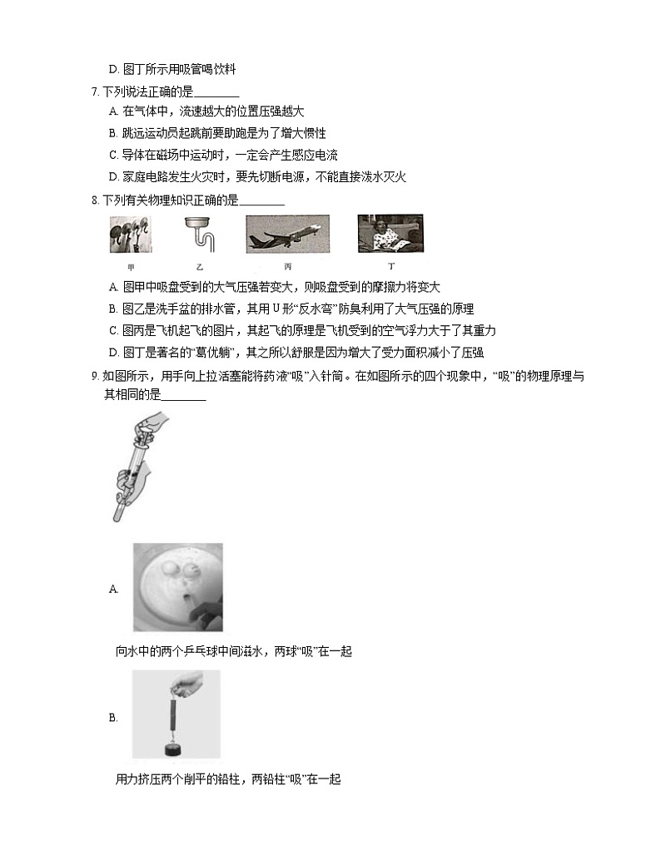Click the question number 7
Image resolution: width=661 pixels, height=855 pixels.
point(95,91)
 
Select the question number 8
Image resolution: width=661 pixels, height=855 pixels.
point(95,200)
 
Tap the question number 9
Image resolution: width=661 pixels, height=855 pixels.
point(95,377)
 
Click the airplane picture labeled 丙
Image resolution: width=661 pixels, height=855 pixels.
point(287,234)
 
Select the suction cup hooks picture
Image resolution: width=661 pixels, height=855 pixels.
point(131,234)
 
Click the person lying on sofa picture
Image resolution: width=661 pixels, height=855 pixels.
point(390,234)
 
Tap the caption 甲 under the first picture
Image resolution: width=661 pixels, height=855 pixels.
point(131,267)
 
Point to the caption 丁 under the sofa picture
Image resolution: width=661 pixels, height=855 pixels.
point(390,267)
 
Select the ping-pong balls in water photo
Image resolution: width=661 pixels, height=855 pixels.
point(178,587)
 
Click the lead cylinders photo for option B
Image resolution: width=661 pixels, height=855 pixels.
point(176,714)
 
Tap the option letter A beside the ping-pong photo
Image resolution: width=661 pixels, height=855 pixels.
point(114,589)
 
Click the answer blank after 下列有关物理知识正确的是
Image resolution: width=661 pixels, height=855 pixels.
point(261,200)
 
